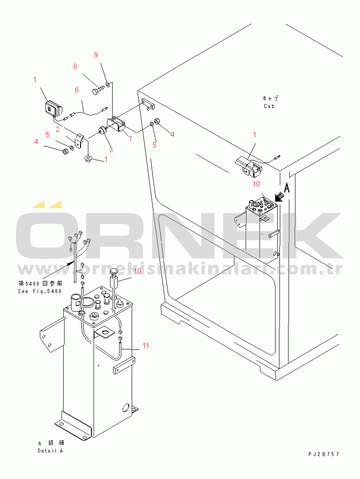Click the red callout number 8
(x=75, y=66)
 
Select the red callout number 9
(x=96, y=55)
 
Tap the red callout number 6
(x=77, y=90)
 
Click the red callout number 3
(x=111, y=150)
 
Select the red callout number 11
(x=146, y=345)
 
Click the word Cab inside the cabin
(x=269, y=106)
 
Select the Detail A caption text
(x=50, y=450)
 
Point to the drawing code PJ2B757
(x=324, y=454)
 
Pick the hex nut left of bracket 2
(x=65, y=151)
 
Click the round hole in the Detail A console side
(x=126, y=407)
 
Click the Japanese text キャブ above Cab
(x=270, y=98)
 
